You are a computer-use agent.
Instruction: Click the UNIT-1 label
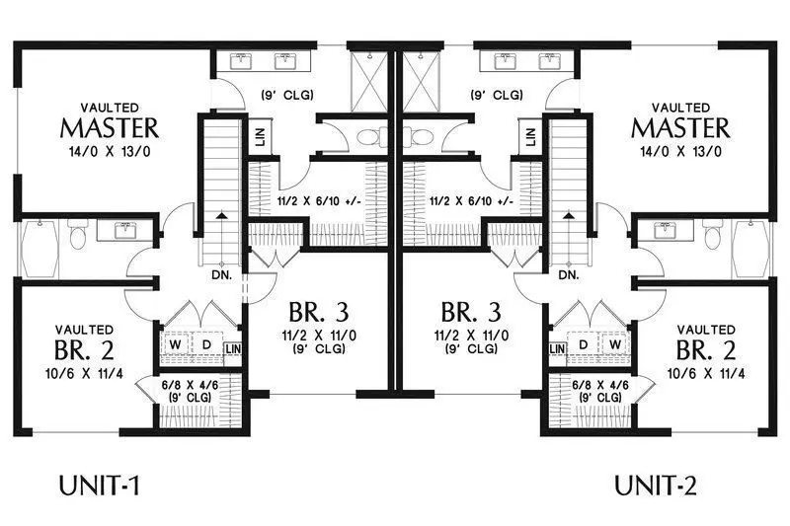pyautogui.click(x=99, y=486)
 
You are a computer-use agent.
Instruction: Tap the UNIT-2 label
pyautogui.click(x=655, y=486)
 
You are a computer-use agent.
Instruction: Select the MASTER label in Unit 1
pyautogui.click(x=110, y=128)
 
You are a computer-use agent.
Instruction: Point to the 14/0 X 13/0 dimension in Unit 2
pyautogui.click(x=680, y=151)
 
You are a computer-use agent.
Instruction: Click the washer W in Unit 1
pyautogui.click(x=176, y=344)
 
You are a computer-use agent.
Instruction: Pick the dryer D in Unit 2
pyautogui.click(x=584, y=344)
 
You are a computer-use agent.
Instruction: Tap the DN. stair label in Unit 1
pyautogui.click(x=222, y=275)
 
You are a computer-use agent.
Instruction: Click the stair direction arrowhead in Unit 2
pyautogui.click(x=569, y=215)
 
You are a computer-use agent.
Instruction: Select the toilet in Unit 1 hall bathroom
pyautogui.click(x=78, y=235)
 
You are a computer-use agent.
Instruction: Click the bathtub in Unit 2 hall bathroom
pyautogui.click(x=750, y=248)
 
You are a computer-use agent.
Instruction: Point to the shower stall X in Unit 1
pyautogui.click(x=368, y=82)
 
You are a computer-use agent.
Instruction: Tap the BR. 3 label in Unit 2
pyautogui.click(x=471, y=313)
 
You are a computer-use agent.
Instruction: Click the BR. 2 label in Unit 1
pyautogui.click(x=84, y=351)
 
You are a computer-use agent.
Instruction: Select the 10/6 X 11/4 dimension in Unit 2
pyautogui.click(x=706, y=373)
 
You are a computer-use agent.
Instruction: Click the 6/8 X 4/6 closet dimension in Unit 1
pyautogui.click(x=190, y=385)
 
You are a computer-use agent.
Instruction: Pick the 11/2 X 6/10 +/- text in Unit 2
pyautogui.click(x=471, y=201)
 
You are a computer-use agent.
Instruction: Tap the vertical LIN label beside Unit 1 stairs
pyautogui.click(x=261, y=136)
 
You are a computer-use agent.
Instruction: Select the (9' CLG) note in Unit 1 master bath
pyautogui.click(x=287, y=94)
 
